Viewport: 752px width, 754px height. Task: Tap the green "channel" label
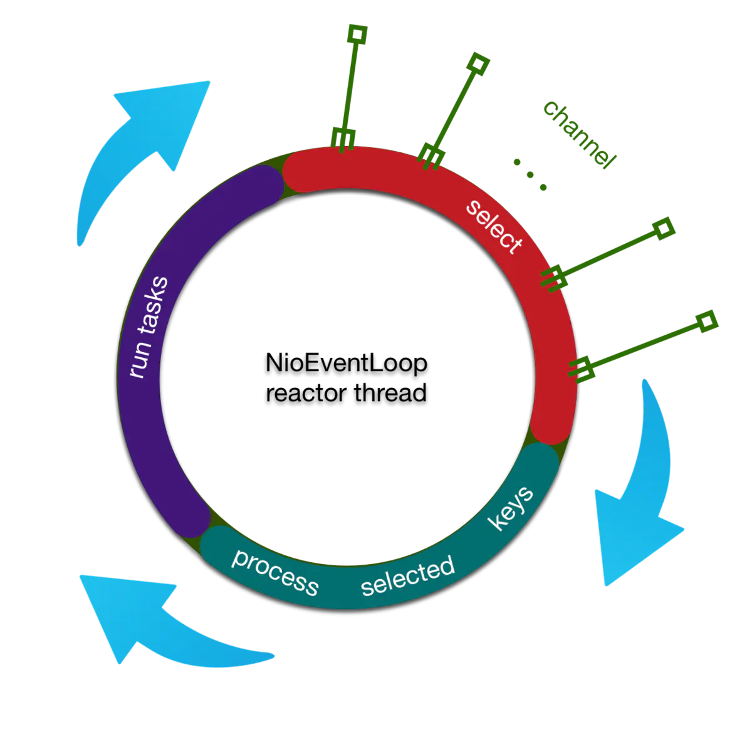click(578, 134)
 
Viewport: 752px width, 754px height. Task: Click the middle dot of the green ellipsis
click(530, 175)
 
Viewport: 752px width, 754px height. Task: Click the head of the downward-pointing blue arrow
click(627, 539)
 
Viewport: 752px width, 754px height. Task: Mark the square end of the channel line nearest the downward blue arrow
click(708, 322)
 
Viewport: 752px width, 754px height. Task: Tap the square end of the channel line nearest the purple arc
click(357, 34)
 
